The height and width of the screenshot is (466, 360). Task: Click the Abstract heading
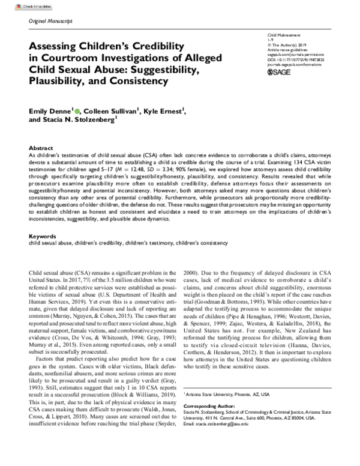pyautogui.click(x=40, y=147)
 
